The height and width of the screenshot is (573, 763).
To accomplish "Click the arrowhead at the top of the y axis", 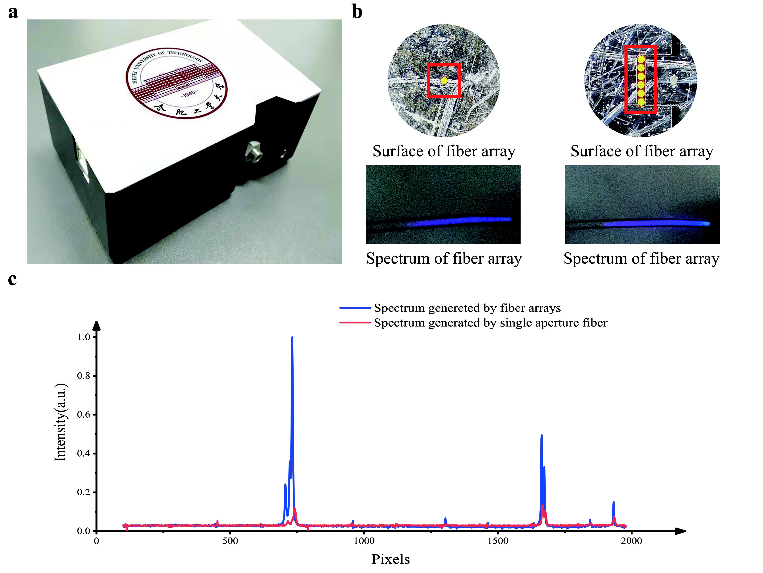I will pyautogui.click(x=97, y=325).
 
